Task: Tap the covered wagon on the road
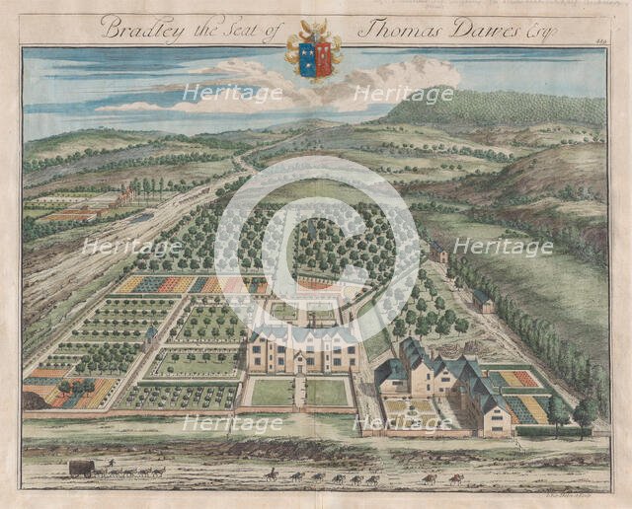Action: [x=81, y=468]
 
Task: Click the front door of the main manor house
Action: [x=300, y=363]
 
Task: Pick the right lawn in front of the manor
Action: [x=328, y=393]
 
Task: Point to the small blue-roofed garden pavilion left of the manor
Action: [x=149, y=335]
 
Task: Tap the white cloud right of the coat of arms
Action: [x=415, y=74]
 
